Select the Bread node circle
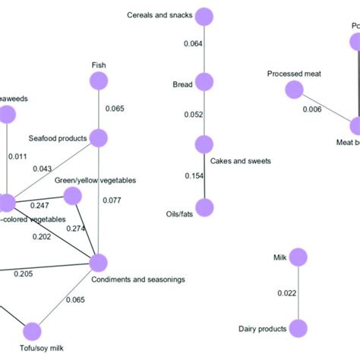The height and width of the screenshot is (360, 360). pos(203,81)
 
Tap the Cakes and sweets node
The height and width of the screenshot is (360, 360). pos(203,144)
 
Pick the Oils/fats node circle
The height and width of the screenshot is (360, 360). pos(203,207)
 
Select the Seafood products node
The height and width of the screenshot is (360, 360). pos(98,137)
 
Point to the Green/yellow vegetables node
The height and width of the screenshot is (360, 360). pos(72,197)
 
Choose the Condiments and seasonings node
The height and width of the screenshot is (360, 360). pos(98,263)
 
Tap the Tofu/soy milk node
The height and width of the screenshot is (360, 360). pos(31,330)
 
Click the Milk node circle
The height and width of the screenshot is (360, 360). pos(298,258)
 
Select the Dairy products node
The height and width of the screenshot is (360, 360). pos(298,328)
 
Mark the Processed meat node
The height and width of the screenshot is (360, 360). pos(293,90)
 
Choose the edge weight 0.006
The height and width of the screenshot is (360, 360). pos(311,109)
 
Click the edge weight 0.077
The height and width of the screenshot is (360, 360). pos(113,201)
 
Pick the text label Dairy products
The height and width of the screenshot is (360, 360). pos(262,329)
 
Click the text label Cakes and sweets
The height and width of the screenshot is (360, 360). pos(240,161)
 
